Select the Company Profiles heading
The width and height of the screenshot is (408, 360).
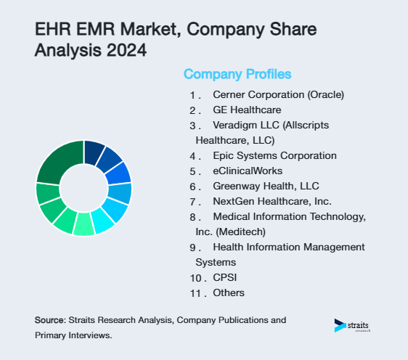click(237, 75)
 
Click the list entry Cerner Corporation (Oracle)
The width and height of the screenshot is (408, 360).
click(278, 94)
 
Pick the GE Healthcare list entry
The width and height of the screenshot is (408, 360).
click(247, 110)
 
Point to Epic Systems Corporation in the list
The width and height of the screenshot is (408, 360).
click(274, 155)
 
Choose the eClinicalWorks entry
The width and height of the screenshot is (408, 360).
click(247, 171)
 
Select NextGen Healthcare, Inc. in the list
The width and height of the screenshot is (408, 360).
click(272, 201)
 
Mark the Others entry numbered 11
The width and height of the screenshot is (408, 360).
click(229, 292)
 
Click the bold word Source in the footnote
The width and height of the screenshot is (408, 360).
click(49, 320)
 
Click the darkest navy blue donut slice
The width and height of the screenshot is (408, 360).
click(94, 152)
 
